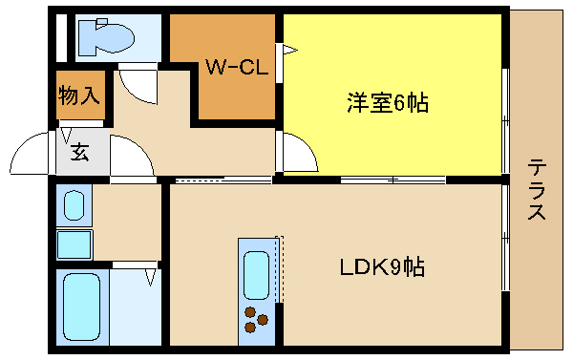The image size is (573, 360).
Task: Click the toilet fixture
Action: click(x=106, y=37)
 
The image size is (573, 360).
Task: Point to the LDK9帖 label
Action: click(x=383, y=268)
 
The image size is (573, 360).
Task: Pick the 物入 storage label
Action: click(x=79, y=95)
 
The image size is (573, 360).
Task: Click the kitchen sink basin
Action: click(x=256, y=274)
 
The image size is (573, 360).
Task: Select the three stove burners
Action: click(x=255, y=319)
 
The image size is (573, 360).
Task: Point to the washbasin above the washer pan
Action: click(x=74, y=205)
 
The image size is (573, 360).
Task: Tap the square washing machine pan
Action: click(x=74, y=244)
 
